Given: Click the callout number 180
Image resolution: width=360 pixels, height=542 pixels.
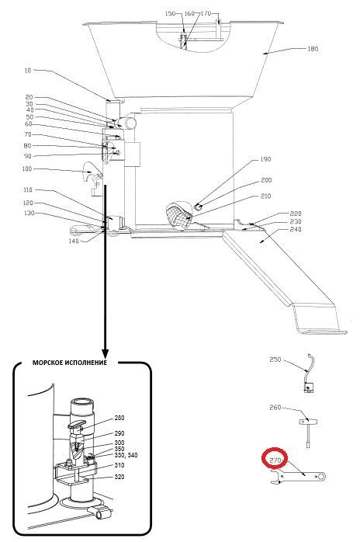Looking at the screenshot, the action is [313, 49].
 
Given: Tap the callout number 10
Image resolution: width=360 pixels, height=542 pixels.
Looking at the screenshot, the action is [28, 71].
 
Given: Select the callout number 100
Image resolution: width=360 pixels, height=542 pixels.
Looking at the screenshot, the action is [26, 169].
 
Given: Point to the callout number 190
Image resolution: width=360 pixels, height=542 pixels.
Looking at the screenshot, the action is [265, 159].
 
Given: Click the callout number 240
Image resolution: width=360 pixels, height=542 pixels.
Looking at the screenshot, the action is [296, 229].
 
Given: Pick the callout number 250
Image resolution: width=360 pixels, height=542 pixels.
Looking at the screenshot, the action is [275, 360].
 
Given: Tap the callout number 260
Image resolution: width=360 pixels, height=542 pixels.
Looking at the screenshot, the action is [275, 408].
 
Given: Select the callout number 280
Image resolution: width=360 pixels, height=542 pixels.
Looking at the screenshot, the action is [119, 418].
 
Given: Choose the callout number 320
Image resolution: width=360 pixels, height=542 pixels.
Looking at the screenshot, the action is [119, 477].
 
